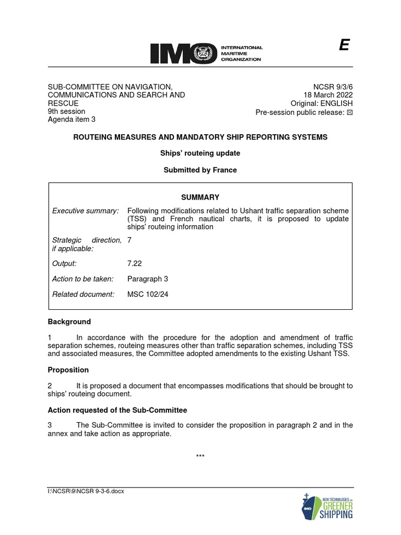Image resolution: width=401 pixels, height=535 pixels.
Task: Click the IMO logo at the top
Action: click(x=206, y=53)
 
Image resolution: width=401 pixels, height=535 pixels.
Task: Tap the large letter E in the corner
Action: click(x=343, y=46)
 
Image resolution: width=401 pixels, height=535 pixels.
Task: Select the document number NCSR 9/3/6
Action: click(x=333, y=87)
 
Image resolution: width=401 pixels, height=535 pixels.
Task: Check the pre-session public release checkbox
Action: click(x=350, y=112)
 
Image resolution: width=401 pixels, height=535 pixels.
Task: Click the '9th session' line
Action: click(x=66, y=111)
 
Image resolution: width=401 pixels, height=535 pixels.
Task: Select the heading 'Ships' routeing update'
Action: click(x=200, y=154)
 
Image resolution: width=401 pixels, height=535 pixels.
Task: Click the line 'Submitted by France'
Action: click(x=200, y=170)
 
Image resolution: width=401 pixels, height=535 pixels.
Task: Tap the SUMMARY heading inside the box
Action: click(x=200, y=197)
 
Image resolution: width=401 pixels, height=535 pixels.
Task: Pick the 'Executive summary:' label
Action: click(x=86, y=211)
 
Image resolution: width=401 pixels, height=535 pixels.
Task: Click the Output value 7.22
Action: click(x=135, y=264)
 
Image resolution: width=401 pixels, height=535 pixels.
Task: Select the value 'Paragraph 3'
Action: click(x=148, y=279)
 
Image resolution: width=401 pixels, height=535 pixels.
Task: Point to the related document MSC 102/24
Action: click(x=148, y=294)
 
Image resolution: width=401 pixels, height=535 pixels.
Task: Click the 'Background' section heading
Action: click(x=69, y=322)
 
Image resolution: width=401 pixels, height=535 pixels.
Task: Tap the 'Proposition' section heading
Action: click(x=68, y=370)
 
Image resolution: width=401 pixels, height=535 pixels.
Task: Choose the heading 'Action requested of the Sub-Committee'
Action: click(x=117, y=410)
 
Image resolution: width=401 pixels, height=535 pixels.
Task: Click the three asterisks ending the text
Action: click(x=200, y=457)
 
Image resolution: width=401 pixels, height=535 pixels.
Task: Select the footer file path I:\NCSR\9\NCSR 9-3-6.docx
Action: click(x=86, y=491)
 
